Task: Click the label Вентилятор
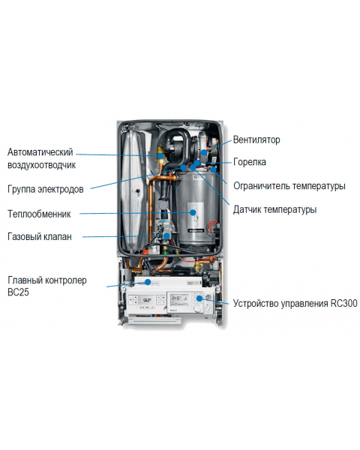click(x=256, y=139)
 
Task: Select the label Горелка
click(x=250, y=162)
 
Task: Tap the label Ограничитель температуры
click(x=289, y=186)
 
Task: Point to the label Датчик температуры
click(x=274, y=209)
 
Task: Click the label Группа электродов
click(x=45, y=190)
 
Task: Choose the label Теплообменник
click(x=39, y=214)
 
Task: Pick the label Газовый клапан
click(x=39, y=237)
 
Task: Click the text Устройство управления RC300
click(x=295, y=303)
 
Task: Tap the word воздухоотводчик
click(x=42, y=165)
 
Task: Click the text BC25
click(x=18, y=292)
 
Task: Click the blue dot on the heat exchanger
click(x=193, y=212)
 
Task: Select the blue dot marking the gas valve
click(x=166, y=235)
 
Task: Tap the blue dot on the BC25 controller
click(x=148, y=282)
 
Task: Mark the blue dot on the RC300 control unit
click(x=199, y=298)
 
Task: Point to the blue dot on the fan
click(x=204, y=152)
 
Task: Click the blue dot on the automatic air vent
click(x=161, y=156)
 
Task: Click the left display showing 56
click(x=147, y=301)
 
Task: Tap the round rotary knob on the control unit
click(x=197, y=308)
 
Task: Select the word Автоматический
click(x=40, y=152)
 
